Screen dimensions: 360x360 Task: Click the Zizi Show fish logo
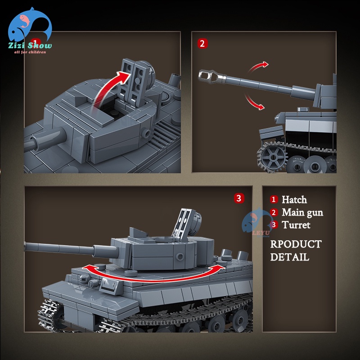[28, 28]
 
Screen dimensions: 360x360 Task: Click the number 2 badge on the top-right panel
[202, 44]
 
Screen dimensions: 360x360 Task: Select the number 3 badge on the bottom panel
[239, 198]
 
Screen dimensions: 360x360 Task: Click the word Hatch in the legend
[294, 200]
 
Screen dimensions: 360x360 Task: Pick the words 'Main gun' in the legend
[302, 212]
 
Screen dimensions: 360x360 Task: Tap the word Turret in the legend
[296, 225]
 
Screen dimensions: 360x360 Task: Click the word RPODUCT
[296, 244]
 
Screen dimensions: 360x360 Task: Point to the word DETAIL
[289, 257]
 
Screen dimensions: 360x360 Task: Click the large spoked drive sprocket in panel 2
[273, 158]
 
